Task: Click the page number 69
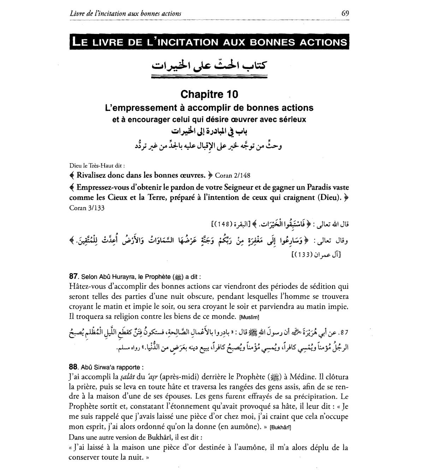click(x=345, y=13)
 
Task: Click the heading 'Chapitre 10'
click(x=209, y=94)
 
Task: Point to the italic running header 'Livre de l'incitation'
click(x=125, y=13)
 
